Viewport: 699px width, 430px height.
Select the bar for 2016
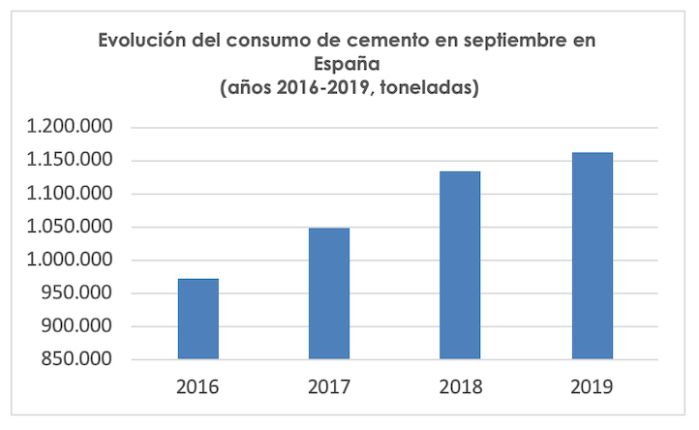(x=198, y=319)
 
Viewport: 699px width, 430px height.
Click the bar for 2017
(x=329, y=293)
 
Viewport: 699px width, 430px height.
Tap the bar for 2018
(x=460, y=265)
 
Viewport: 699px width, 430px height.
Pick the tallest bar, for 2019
(x=592, y=256)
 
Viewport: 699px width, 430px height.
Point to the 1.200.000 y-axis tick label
(x=71, y=128)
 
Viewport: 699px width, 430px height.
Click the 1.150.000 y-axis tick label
(x=71, y=161)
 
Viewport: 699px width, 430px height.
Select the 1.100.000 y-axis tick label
(x=71, y=194)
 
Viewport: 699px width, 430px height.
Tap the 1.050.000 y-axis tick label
(x=71, y=228)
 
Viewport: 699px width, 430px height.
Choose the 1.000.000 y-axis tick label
(x=71, y=261)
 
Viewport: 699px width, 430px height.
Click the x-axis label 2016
(x=198, y=387)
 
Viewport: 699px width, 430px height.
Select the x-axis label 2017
(x=329, y=387)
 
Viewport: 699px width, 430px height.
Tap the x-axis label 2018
(x=460, y=387)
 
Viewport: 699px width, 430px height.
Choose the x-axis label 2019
(x=592, y=387)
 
